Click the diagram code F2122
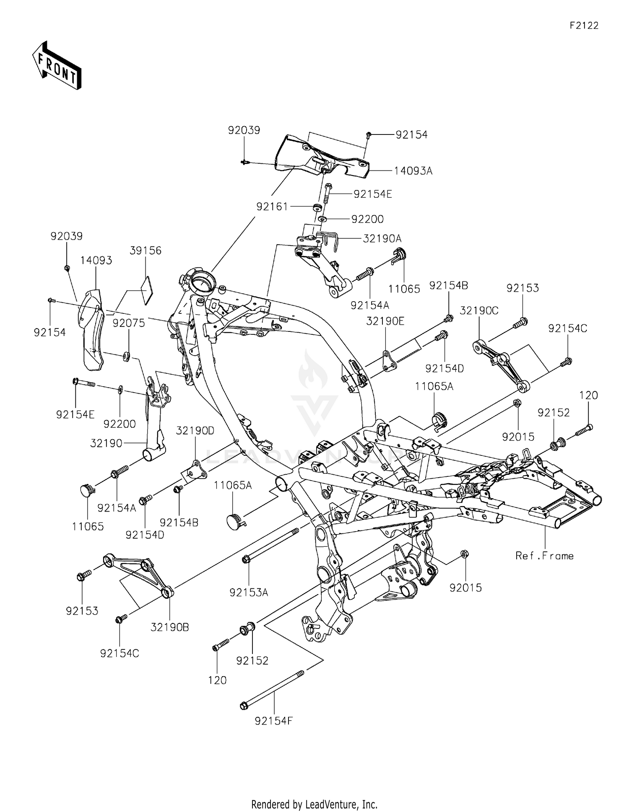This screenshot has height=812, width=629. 584,26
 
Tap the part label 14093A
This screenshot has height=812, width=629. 413,171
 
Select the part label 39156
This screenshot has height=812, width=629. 146,251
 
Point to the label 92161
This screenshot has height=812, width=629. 272,207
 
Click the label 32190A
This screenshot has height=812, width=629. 382,239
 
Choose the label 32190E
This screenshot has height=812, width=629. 385,321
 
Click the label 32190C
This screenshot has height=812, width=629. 479,311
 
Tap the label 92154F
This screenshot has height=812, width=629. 273,721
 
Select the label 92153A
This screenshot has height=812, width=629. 249,592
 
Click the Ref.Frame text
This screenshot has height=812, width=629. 544,556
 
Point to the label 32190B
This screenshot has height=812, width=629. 170,627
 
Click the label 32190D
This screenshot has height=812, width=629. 195,430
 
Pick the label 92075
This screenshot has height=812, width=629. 129,323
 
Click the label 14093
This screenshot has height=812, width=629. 96,261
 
